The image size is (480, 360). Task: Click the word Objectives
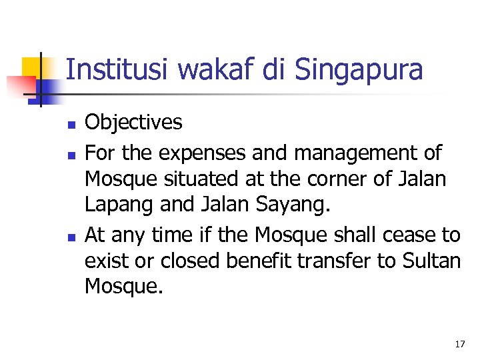tap(133, 122)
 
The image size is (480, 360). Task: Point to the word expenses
tap(203, 154)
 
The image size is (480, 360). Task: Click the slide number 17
tap(459, 345)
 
